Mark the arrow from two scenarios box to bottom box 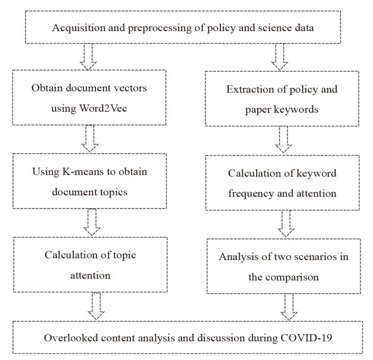290,307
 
